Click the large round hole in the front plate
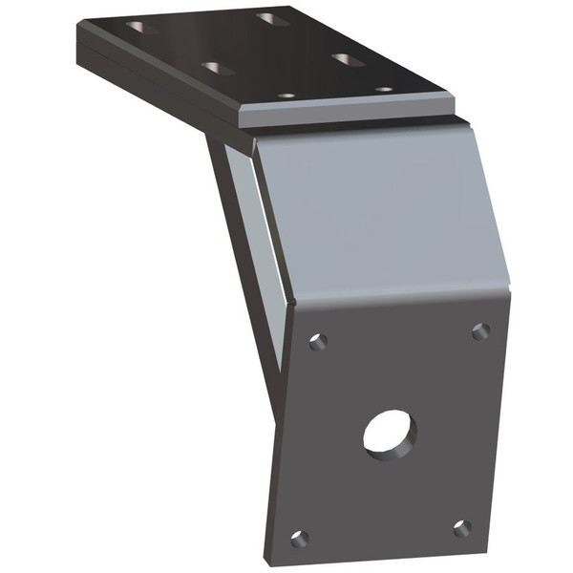[x=390, y=435]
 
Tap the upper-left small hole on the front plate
[x=318, y=341]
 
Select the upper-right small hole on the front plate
[x=480, y=330]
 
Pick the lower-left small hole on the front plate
[x=299, y=538]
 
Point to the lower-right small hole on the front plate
[x=462, y=527]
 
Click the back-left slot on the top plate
[x=143, y=28]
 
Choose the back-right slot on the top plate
[x=271, y=18]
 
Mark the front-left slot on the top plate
[x=219, y=68]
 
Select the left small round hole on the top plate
[x=286, y=95]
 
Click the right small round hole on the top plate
[x=384, y=90]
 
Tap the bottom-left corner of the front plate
[x=267, y=554]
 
